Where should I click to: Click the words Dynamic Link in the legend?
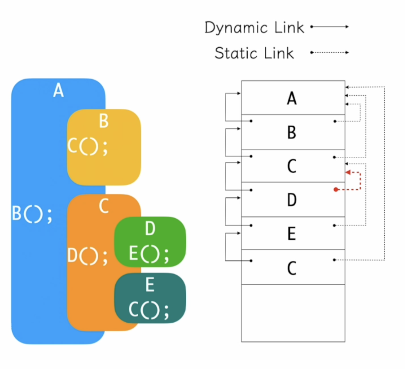(254, 27)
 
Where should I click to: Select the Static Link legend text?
(254, 53)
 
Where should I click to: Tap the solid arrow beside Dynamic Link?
(329, 27)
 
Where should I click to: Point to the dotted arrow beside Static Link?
(329, 52)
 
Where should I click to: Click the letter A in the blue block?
(58, 91)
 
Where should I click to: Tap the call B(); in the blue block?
(32, 215)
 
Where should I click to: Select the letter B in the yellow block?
(104, 121)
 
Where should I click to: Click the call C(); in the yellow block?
(87, 146)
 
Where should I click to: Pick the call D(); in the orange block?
(87, 256)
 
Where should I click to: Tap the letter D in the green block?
(150, 229)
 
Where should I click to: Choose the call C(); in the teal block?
(149, 311)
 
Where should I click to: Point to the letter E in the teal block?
(150, 285)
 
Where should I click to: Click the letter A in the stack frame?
(292, 98)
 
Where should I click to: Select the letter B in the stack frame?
(292, 133)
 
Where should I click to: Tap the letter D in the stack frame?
(292, 200)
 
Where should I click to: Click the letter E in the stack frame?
(292, 234)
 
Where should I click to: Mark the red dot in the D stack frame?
(336, 190)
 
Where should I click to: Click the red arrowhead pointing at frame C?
(348, 172)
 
